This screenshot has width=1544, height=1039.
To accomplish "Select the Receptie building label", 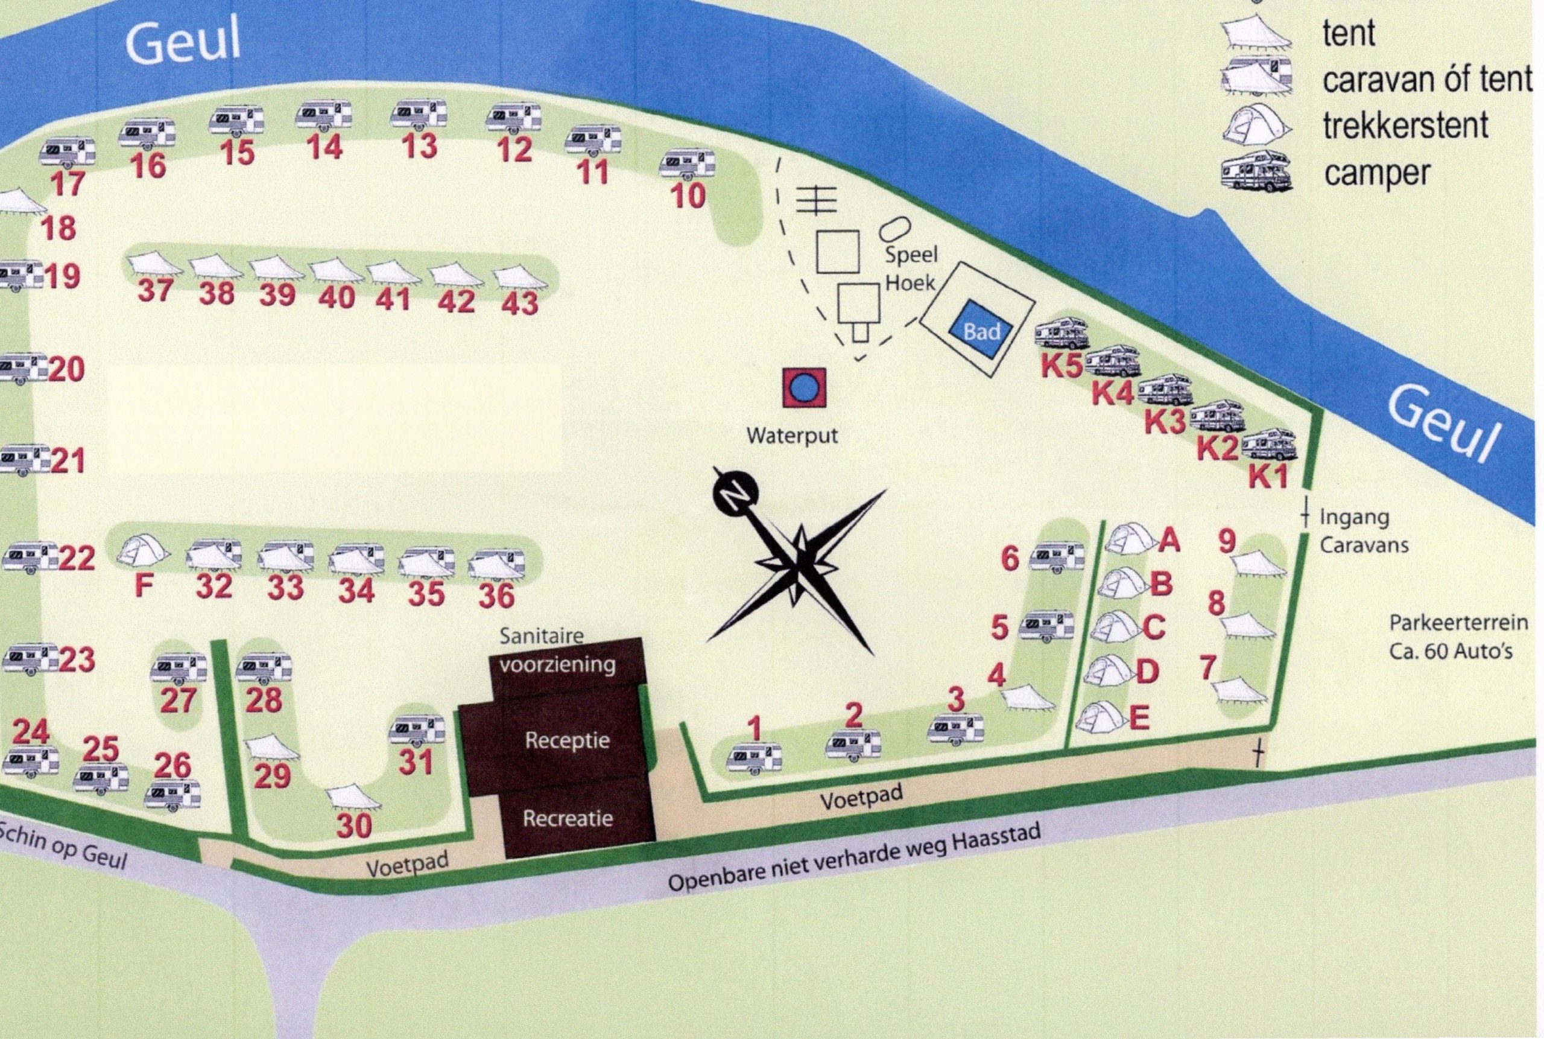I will [x=567, y=740].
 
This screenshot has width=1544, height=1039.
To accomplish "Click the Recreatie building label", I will [x=567, y=818].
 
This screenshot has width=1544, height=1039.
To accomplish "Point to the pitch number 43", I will [x=520, y=303].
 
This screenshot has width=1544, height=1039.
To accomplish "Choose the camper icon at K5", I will [x=1061, y=332].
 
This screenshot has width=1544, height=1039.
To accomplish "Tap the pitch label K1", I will [x=1268, y=477].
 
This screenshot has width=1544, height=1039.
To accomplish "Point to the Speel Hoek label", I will [x=910, y=269].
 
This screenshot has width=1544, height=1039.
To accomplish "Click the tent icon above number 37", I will [x=154, y=265].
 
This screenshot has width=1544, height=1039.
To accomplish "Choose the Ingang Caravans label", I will [x=1363, y=531].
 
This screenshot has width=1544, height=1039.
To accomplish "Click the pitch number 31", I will [x=416, y=762].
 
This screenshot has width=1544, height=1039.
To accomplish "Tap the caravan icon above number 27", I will [x=177, y=669].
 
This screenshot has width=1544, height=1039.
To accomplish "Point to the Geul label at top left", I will [x=183, y=43].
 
